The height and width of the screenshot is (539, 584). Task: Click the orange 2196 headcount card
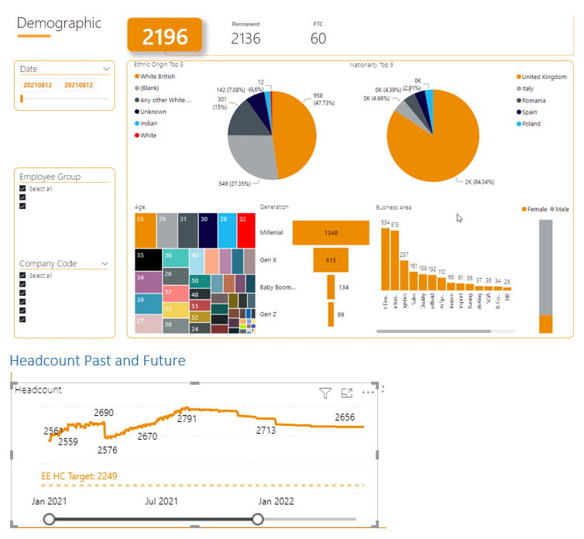coord(164,36)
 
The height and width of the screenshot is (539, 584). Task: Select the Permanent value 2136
coord(246,38)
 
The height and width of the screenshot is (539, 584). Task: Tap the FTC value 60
coord(318,38)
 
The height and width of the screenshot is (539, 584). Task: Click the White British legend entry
coord(157,77)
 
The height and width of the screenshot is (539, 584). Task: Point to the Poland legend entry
coord(531,124)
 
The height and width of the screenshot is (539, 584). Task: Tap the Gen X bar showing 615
coord(331,260)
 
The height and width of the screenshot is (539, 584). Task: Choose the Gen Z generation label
coord(268,314)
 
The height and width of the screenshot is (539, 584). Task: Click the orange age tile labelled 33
coord(144,220)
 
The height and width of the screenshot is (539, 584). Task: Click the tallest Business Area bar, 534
coord(384,259)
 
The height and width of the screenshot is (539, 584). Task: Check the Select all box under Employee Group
coord(23,189)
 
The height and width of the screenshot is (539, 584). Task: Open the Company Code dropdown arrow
coord(105,264)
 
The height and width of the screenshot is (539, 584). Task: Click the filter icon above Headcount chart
coord(325,393)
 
